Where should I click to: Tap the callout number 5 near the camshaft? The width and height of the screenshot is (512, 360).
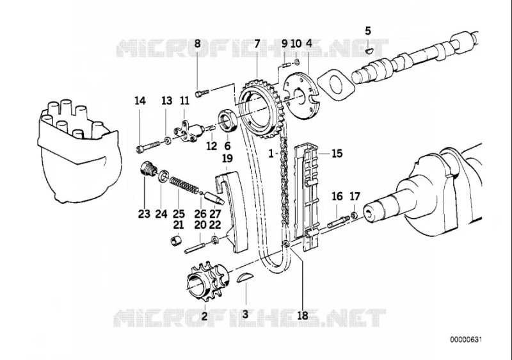tap(368, 30)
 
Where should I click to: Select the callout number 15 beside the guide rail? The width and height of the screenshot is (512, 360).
tap(337, 154)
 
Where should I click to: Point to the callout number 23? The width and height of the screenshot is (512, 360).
tap(143, 214)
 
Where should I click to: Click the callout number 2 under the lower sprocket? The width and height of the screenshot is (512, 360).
tap(204, 315)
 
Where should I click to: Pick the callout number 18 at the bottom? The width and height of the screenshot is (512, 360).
tap(303, 315)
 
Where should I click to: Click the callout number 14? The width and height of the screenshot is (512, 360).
tap(140, 101)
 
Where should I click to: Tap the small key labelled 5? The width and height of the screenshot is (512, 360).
tap(369, 47)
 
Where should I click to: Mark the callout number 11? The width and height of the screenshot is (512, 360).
tap(184, 101)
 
